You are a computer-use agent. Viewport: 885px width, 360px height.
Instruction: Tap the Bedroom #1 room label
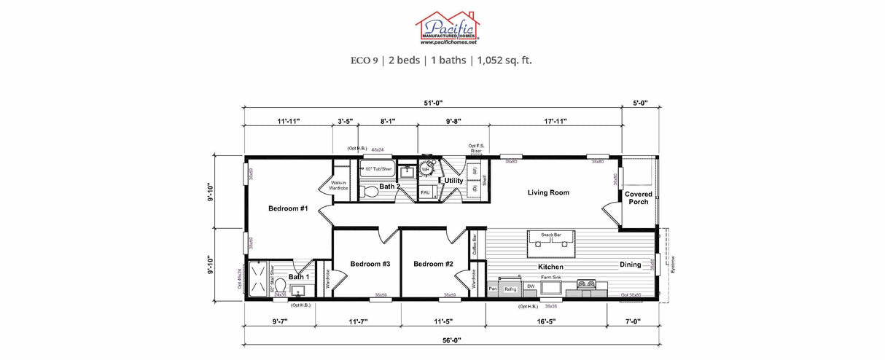click(x=288, y=208)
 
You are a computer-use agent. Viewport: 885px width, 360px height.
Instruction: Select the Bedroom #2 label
click(x=434, y=264)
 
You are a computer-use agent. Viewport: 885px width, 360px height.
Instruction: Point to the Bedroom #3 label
click(x=370, y=264)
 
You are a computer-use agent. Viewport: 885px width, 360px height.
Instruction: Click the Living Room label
click(x=548, y=192)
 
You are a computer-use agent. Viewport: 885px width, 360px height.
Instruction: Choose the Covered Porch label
click(x=638, y=197)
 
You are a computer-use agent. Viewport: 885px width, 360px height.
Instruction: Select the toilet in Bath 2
click(x=370, y=192)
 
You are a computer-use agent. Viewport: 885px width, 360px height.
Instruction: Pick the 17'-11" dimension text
click(x=555, y=121)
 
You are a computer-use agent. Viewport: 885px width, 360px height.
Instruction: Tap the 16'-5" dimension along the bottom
click(x=546, y=321)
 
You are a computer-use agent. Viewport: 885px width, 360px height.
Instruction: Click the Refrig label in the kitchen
click(x=510, y=289)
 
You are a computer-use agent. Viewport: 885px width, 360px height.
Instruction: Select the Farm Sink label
click(x=550, y=278)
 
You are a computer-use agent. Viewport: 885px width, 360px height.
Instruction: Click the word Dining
click(x=631, y=265)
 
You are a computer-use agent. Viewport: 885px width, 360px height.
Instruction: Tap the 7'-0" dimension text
click(x=631, y=321)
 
